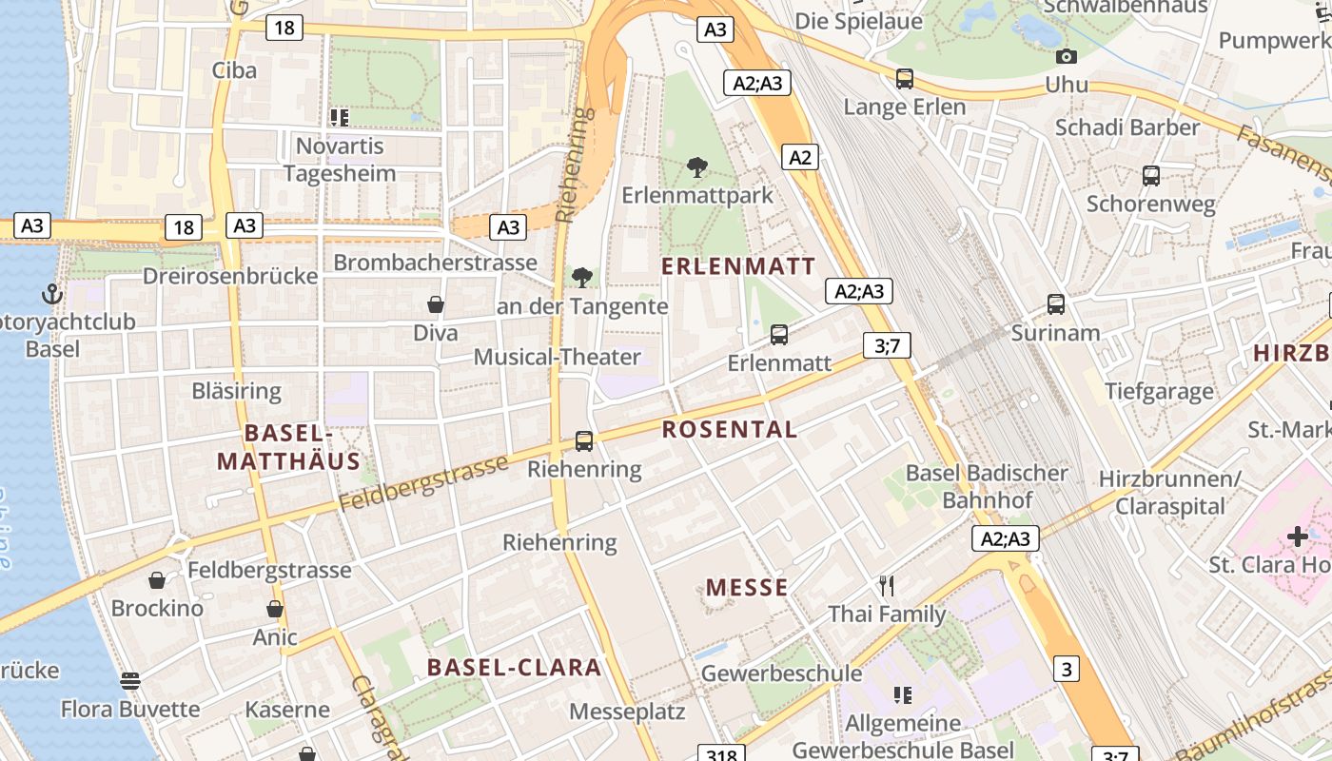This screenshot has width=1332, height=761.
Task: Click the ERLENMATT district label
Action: pyautogui.click(x=738, y=266)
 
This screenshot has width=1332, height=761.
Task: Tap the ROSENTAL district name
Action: pyautogui.click(x=730, y=429)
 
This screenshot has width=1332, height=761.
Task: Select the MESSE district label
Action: pyautogui.click(x=747, y=587)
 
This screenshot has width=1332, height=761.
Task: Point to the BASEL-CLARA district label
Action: pyautogui.click(x=514, y=667)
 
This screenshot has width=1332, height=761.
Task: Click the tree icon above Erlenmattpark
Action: pyautogui.click(x=697, y=168)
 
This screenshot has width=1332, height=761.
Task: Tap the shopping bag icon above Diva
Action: pyautogui.click(x=436, y=304)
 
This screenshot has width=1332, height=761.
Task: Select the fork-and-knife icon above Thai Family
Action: pyautogui.click(x=887, y=585)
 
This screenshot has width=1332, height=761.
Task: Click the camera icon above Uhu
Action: pyautogui.click(x=1067, y=57)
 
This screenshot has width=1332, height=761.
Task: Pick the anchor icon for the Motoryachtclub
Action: pyautogui.click(x=52, y=294)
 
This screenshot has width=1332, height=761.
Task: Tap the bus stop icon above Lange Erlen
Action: pyautogui.click(x=905, y=79)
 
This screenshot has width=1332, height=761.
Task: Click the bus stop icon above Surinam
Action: pyautogui.click(x=1056, y=304)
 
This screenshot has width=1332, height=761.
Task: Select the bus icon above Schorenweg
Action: pyautogui.click(x=1151, y=176)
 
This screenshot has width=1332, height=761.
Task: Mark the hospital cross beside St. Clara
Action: pyautogui.click(x=1298, y=537)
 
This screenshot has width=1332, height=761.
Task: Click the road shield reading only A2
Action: pyautogui.click(x=800, y=157)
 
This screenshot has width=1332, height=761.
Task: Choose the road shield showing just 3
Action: pyautogui.click(x=1067, y=669)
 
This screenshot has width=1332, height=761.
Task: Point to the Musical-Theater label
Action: pyautogui.click(x=558, y=358)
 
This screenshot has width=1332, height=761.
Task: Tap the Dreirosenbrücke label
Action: pyautogui.click(x=230, y=277)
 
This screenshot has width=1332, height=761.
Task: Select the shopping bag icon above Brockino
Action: pyautogui.click(x=157, y=580)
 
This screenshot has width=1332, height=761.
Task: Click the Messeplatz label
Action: pyautogui.click(x=628, y=712)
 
